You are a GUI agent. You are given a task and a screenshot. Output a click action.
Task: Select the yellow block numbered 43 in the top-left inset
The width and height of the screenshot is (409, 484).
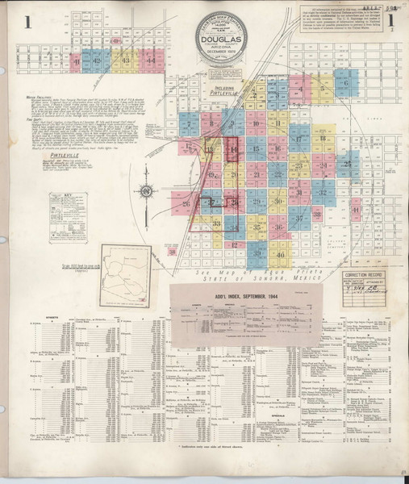(125, 60)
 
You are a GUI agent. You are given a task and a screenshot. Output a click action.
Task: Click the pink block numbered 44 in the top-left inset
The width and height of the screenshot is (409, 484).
(151, 60)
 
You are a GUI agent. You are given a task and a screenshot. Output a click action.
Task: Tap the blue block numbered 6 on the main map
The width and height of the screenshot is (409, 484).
(346, 83)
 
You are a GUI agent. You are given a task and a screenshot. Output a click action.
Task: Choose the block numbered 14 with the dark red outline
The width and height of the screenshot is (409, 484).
(235, 150)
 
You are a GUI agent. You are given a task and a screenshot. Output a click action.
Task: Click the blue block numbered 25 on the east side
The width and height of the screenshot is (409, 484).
(346, 165)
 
